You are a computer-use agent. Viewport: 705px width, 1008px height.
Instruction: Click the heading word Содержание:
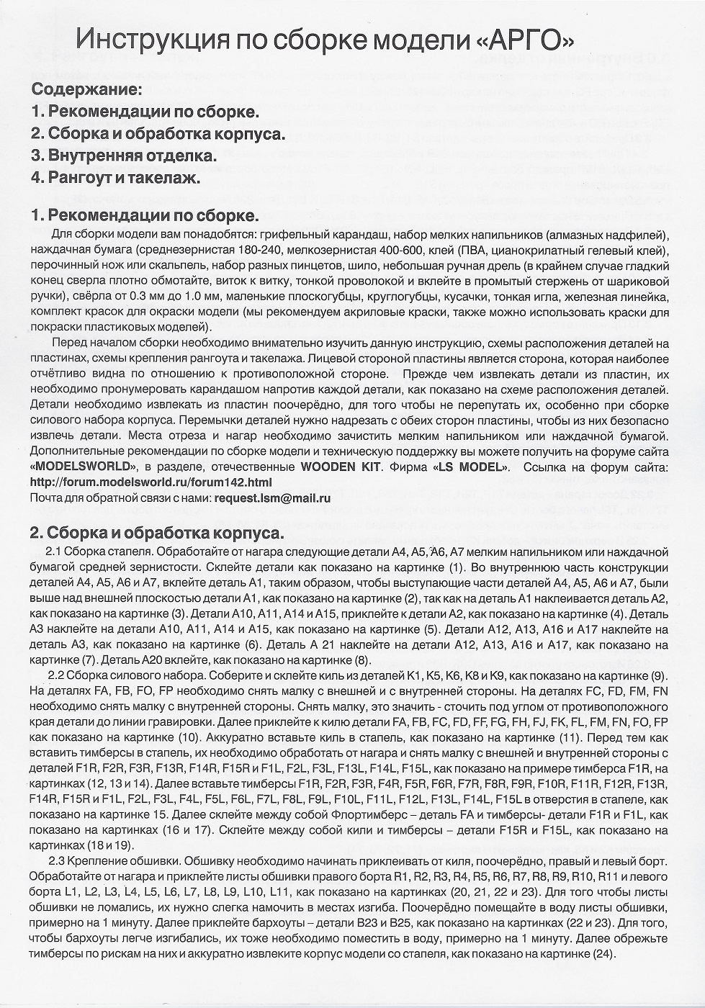coord(86,91)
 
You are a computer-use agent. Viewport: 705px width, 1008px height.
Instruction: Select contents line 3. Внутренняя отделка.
coord(124,155)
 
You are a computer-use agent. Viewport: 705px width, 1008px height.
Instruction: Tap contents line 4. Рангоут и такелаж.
coord(115,177)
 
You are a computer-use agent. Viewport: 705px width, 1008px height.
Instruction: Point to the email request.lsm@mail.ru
coord(273,498)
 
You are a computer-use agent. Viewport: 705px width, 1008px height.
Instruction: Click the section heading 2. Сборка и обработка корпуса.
coord(157,534)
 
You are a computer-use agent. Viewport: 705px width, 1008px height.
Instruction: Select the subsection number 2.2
coord(57,675)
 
